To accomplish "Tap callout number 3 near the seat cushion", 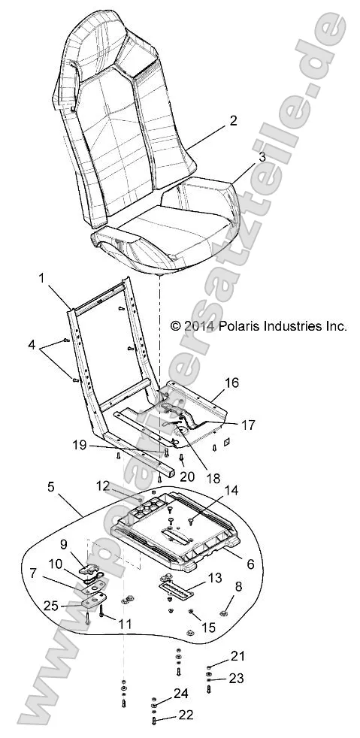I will click(x=241, y=157).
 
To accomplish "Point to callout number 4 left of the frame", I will click(x=32, y=344).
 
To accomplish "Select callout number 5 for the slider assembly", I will click(x=72, y=487).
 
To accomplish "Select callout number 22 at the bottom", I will click(x=185, y=715).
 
